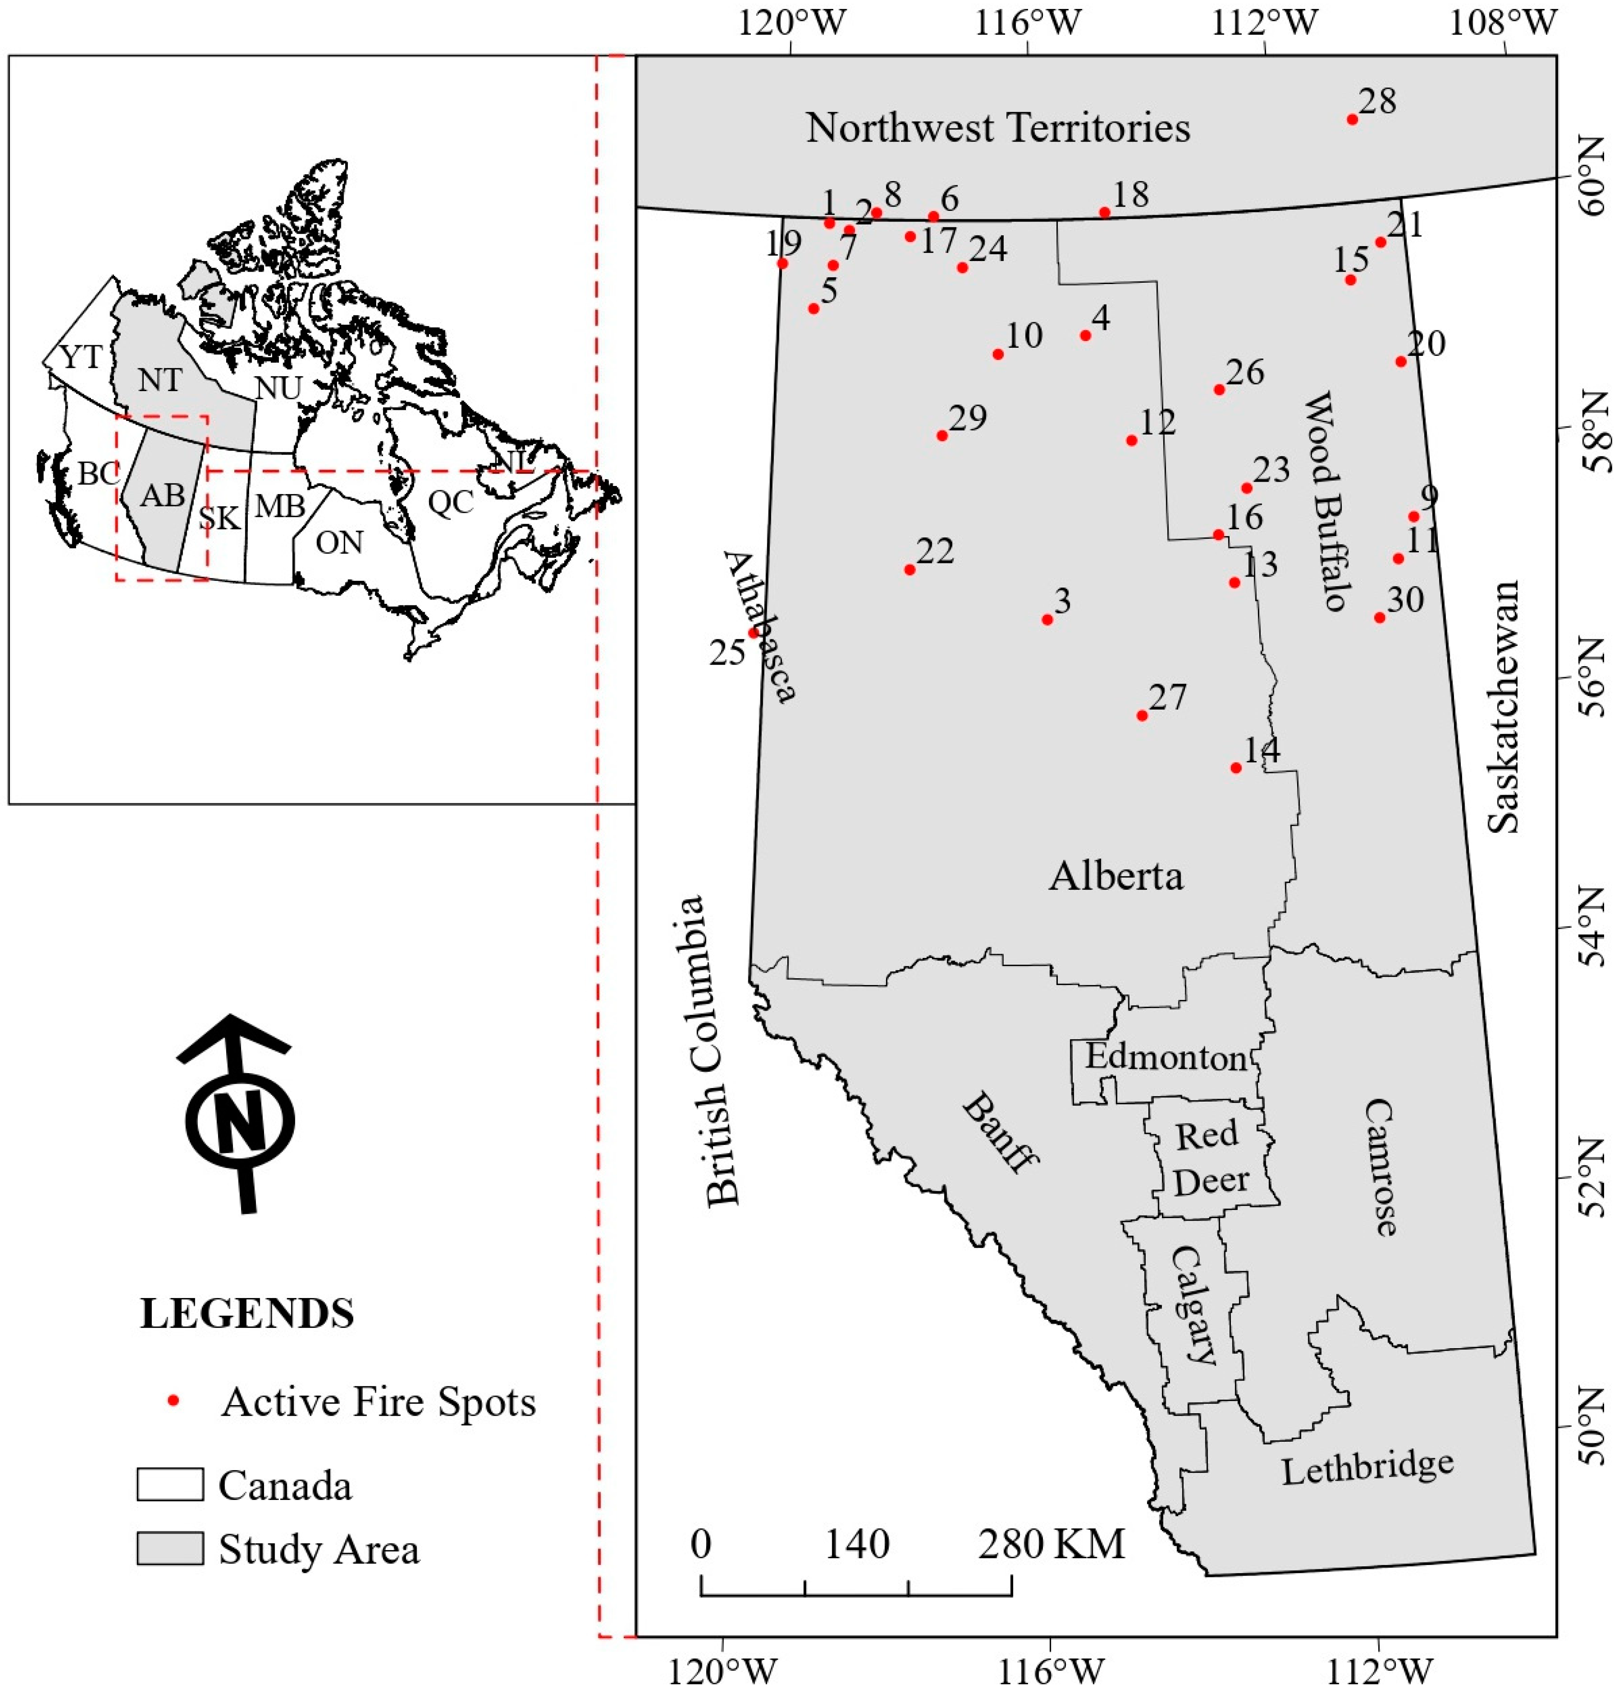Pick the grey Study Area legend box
[170, 1548]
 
